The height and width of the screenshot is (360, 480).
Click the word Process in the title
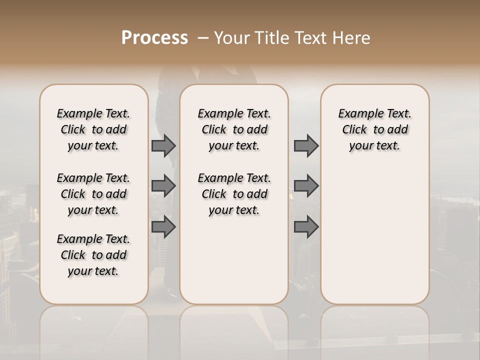pos(154,37)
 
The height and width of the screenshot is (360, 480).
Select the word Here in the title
pos(352,37)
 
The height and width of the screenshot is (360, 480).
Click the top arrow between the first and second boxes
pos(163,145)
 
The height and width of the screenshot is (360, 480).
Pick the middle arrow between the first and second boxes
pos(163,186)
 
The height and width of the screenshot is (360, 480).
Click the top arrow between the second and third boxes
pos(306,145)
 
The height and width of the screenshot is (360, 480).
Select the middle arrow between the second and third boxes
pos(306,186)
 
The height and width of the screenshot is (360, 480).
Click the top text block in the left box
pos(93,129)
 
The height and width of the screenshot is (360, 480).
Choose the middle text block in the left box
pos(93,194)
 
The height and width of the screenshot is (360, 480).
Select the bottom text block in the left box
pos(93,255)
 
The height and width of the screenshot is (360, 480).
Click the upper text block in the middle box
pos(234,129)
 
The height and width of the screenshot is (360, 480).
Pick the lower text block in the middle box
pos(234,194)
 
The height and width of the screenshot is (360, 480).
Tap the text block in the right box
pos(374,129)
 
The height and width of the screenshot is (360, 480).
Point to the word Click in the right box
pos(354,130)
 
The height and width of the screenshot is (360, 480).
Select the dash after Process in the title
pos(203,37)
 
